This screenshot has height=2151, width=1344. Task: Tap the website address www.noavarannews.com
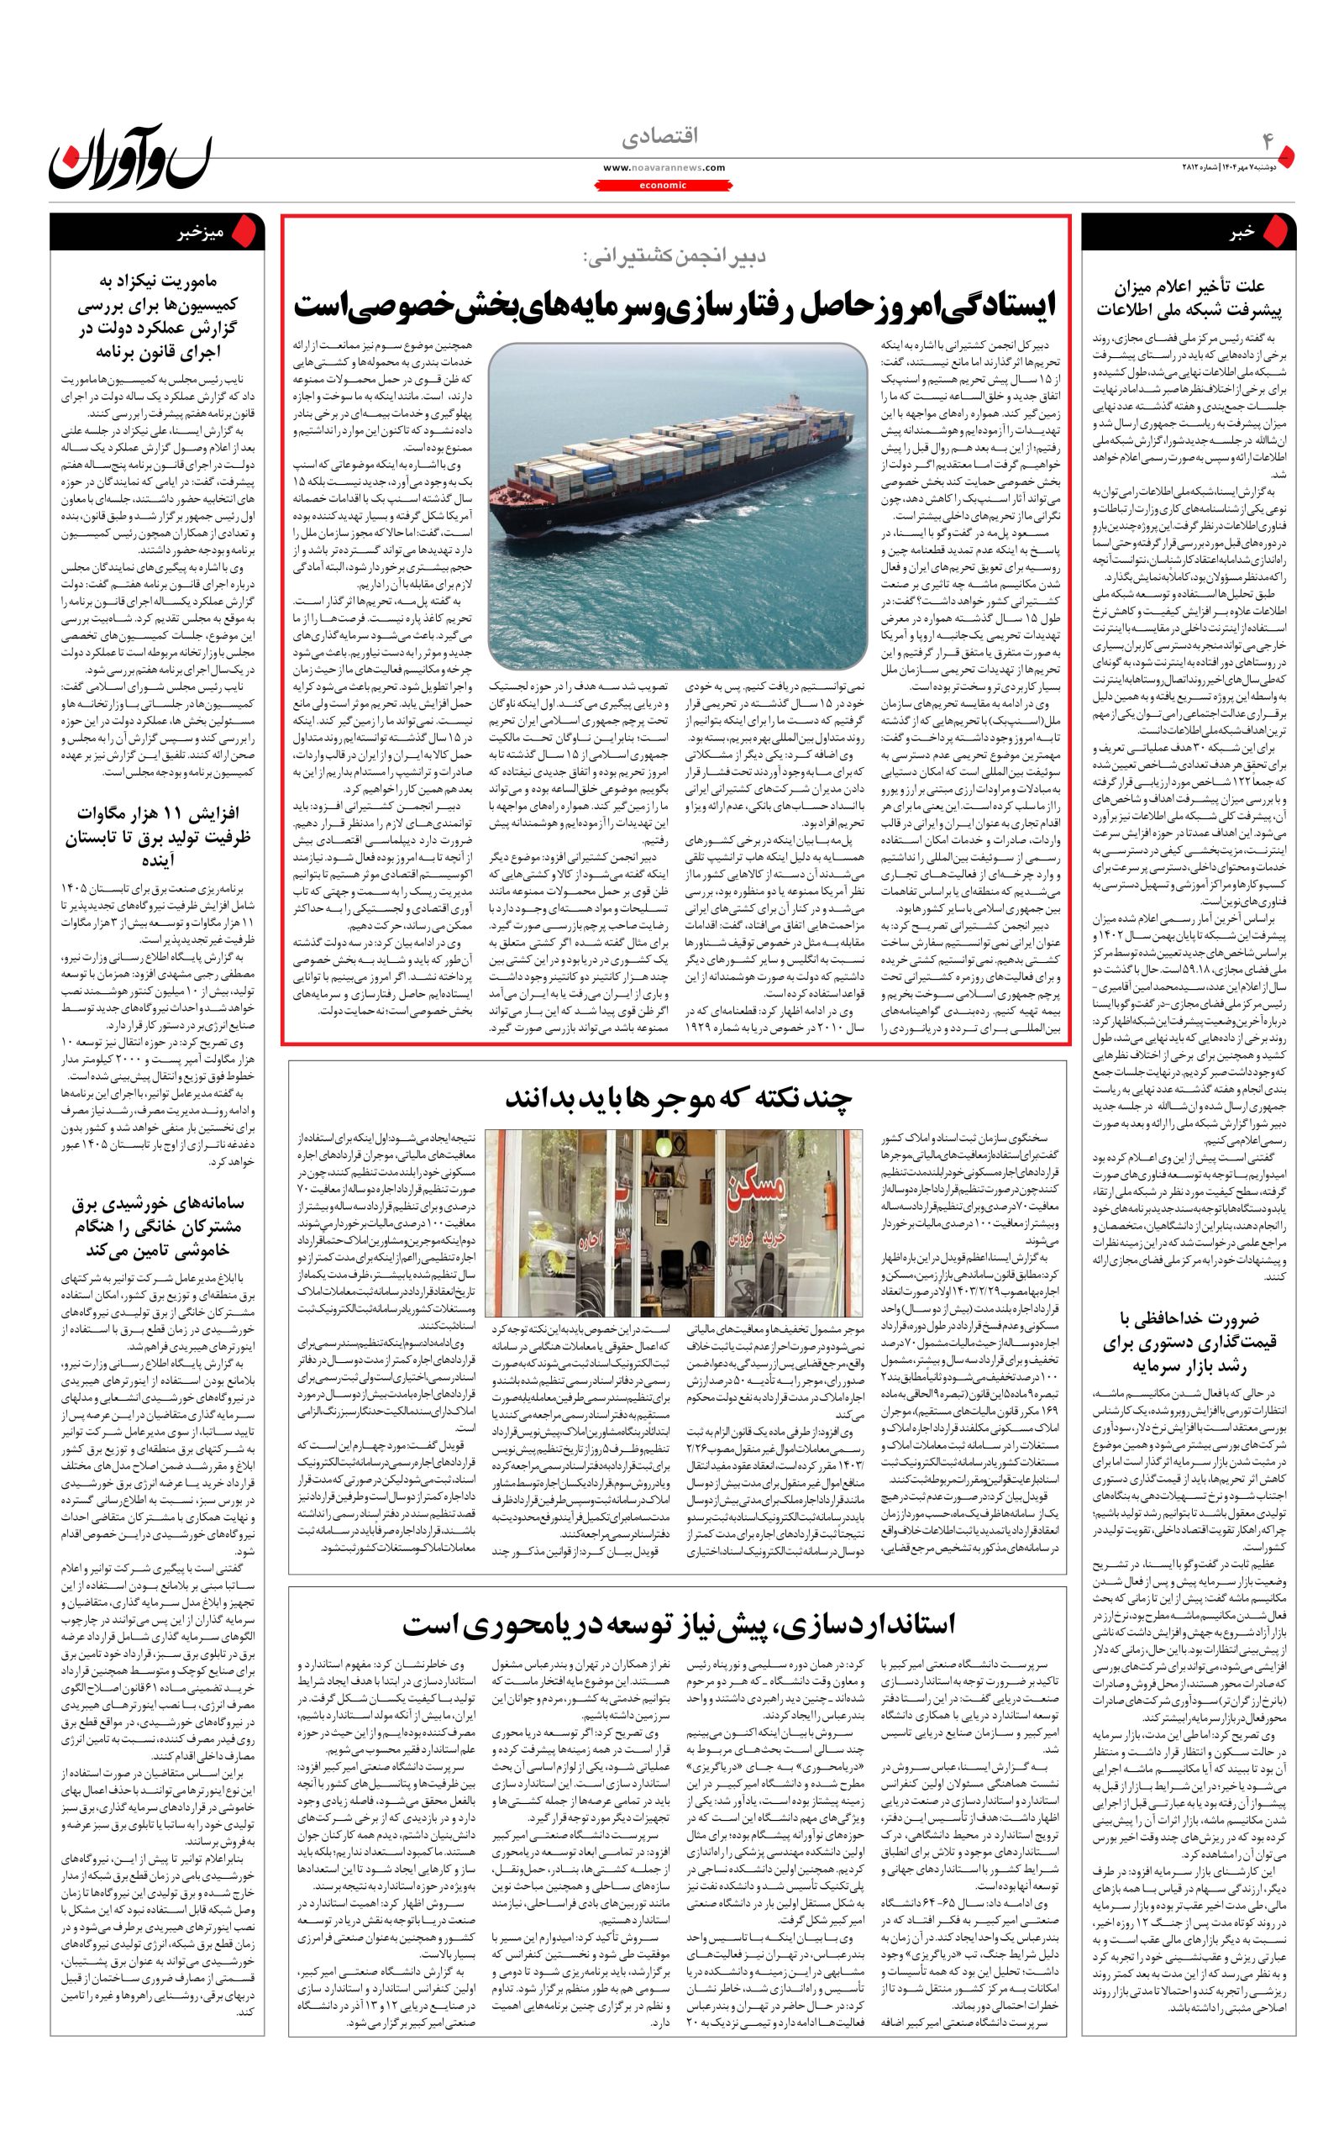(664, 167)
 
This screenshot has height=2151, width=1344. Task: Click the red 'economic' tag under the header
(663, 185)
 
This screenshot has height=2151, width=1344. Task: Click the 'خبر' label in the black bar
(1241, 232)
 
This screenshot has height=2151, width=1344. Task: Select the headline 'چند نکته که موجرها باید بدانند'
(678, 1097)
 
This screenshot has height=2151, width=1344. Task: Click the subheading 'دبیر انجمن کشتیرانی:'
(675, 257)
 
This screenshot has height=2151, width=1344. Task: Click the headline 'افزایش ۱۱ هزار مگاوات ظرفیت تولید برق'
(155, 836)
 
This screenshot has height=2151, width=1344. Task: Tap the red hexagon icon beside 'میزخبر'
(248, 232)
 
